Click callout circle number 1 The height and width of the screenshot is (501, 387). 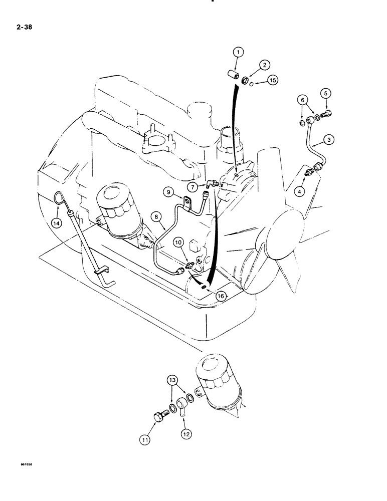[x=239, y=52]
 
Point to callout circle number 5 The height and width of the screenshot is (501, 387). [x=325, y=93]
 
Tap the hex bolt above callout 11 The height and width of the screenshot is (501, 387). [x=157, y=417]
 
